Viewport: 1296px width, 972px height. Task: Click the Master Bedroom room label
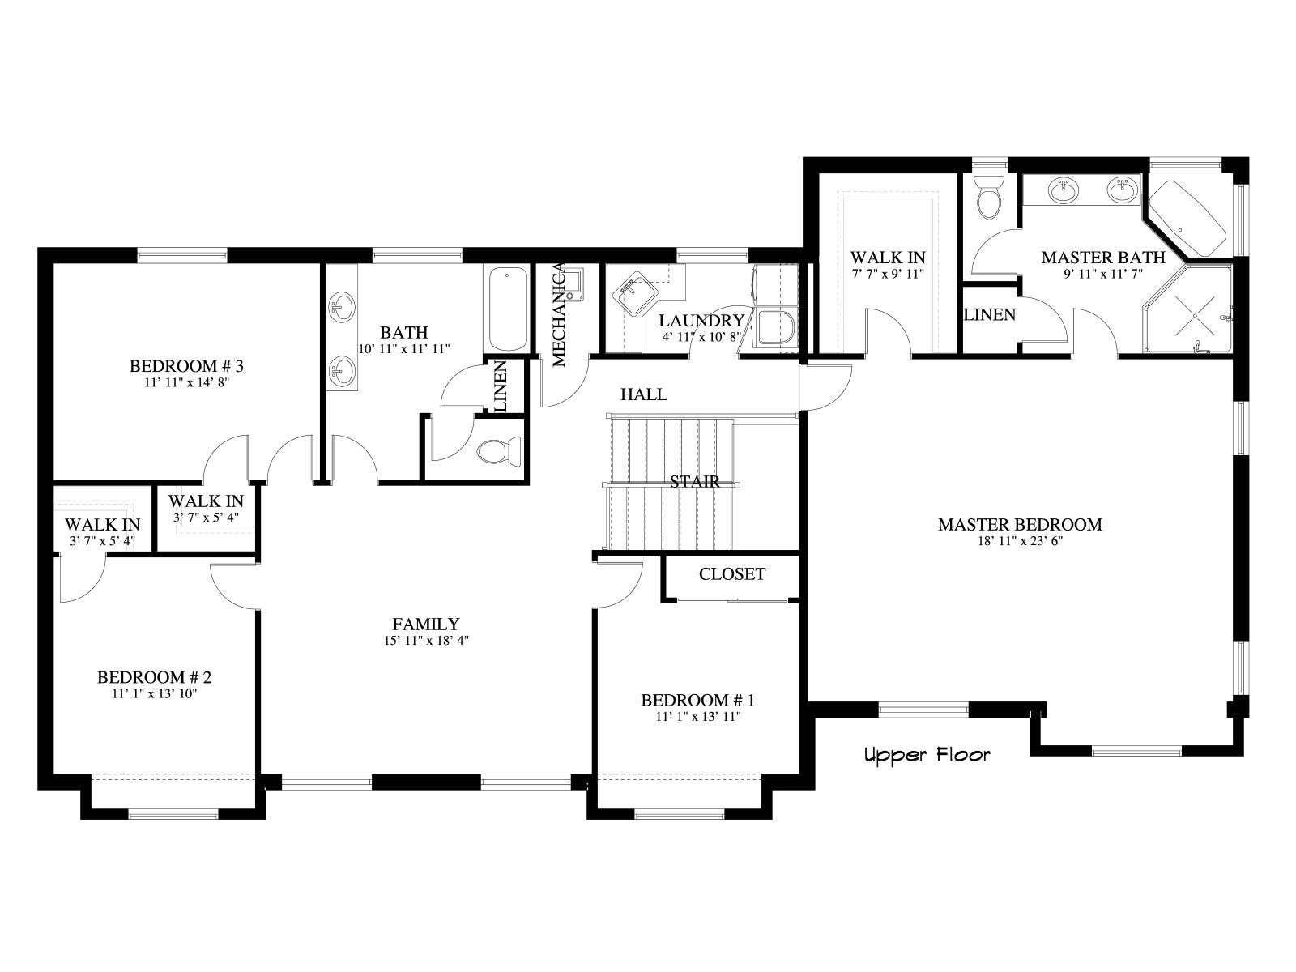[1020, 524]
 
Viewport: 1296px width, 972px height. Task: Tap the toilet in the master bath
[988, 197]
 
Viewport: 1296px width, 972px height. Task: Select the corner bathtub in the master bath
[1188, 218]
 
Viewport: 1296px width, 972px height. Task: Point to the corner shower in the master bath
[1188, 309]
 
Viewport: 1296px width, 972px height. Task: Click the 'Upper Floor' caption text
[927, 755]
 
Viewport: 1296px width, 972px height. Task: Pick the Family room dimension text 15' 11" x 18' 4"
[426, 641]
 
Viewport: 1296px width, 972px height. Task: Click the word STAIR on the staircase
[695, 482]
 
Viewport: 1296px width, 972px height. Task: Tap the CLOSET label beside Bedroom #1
[732, 573]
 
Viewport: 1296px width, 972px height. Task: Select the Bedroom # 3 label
[186, 366]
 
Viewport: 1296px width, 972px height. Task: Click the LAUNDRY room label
[701, 321]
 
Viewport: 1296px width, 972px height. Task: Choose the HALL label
[644, 394]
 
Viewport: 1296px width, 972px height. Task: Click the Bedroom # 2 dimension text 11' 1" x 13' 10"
[154, 693]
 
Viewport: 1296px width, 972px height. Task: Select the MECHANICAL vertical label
[560, 316]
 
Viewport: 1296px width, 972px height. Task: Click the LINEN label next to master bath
[990, 314]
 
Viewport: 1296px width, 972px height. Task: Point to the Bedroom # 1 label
[698, 700]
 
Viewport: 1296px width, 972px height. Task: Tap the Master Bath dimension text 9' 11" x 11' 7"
[1103, 274]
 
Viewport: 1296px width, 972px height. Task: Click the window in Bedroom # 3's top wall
[182, 255]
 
